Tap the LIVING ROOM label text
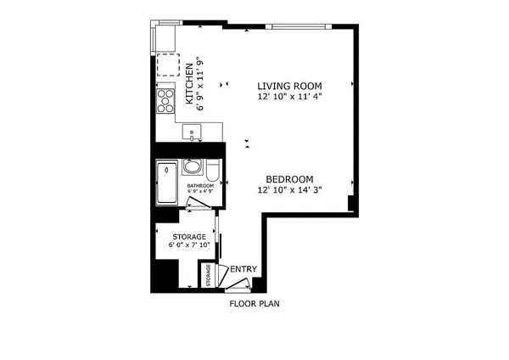click(x=291, y=86)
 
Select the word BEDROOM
click(x=289, y=179)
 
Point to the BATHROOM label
click(x=200, y=185)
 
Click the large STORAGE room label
click(x=189, y=236)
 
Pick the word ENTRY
click(x=243, y=270)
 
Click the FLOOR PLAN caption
click(x=255, y=303)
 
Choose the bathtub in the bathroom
click(x=165, y=183)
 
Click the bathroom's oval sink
click(x=193, y=167)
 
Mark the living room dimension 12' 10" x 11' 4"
click(x=291, y=97)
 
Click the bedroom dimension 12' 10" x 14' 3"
click(x=290, y=190)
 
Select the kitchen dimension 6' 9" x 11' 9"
click(x=201, y=83)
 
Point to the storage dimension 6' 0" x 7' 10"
click(x=189, y=245)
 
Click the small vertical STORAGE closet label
click(x=208, y=276)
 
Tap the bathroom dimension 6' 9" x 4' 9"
click(x=200, y=192)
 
